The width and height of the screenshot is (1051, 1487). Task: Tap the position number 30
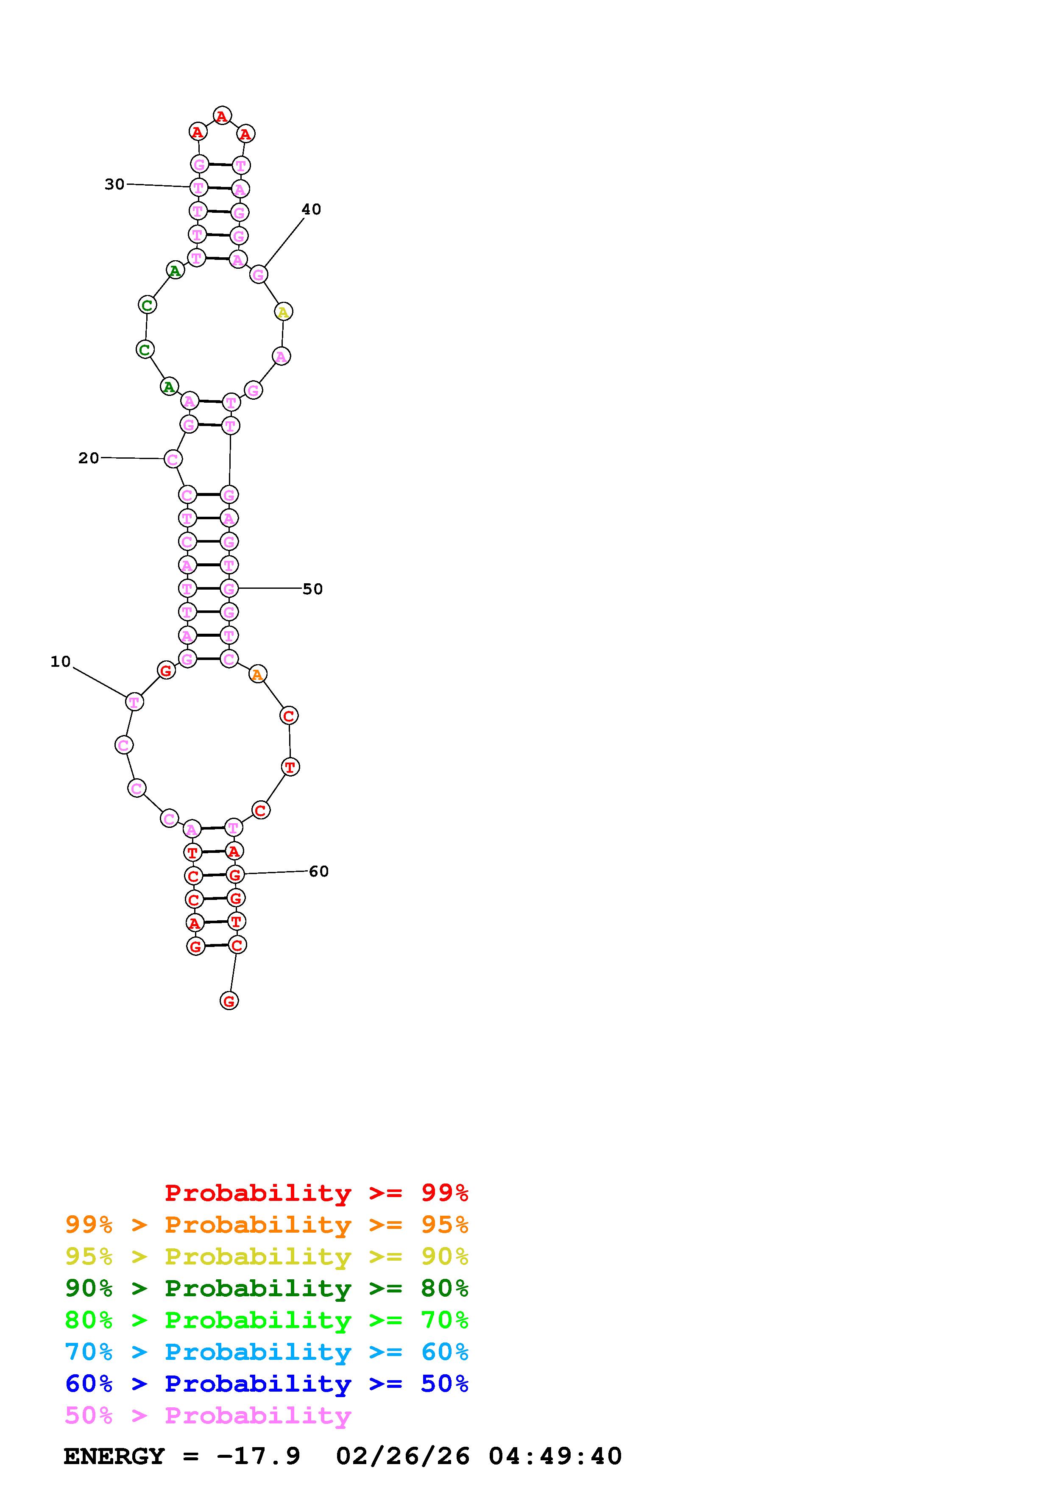(114, 184)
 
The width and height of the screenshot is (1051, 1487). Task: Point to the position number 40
(312, 209)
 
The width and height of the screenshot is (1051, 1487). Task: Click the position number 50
(313, 589)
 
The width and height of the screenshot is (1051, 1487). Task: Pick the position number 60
(318, 871)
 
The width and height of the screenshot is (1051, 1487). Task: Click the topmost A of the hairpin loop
(222, 116)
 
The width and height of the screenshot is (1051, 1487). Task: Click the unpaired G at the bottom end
(229, 1001)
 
